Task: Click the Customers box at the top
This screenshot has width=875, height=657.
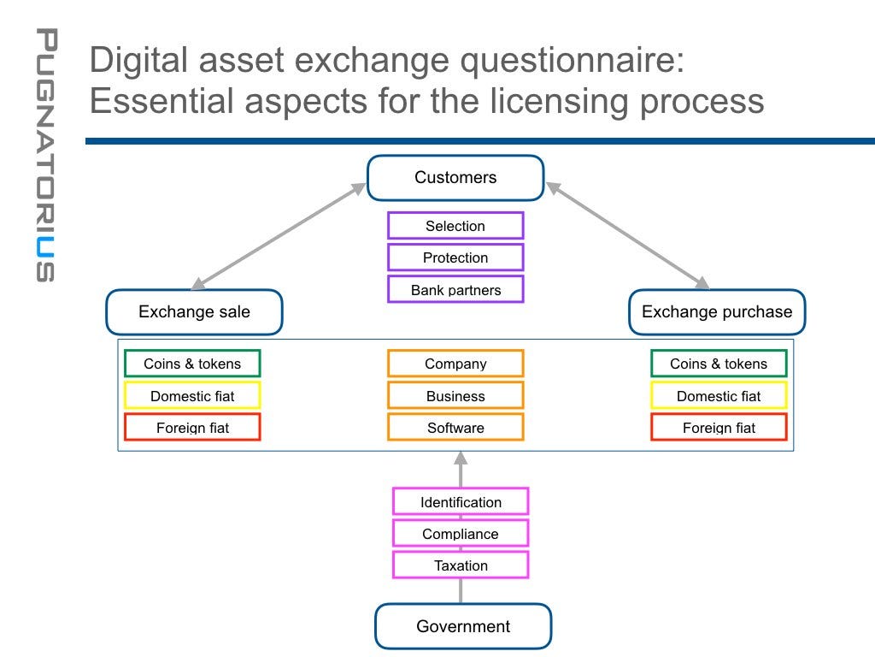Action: pyautogui.click(x=455, y=178)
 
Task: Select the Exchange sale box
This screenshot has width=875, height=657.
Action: pyautogui.click(x=194, y=312)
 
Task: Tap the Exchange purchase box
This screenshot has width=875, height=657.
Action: pyautogui.click(x=717, y=312)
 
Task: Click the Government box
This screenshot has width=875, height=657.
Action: pyautogui.click(x=463, y=627)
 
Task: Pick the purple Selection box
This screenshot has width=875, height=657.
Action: pyautogui.click(x=455, y=226)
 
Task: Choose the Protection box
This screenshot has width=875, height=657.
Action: pyautogui.click(x=455, y=257)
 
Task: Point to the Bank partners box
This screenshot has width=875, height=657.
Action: pyautogui.click(x=455, y=290)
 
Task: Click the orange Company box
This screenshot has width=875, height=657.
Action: pyautogui.click(x=455, y=364)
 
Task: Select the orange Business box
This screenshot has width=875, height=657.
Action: pyautogui.click(x=455, y=396)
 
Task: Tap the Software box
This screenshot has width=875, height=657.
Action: pyautogui.click(x=455, y=428)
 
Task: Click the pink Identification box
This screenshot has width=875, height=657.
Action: pyautogui.click(x=461, y=502)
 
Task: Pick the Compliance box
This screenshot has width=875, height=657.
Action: pyautogui.click(x=461, y=534)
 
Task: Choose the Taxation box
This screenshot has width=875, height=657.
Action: pyautogui.click(x=461, y=565)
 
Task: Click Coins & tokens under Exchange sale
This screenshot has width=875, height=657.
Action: pyautogui.click(x=192, y=364)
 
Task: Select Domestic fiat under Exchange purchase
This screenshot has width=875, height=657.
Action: pyautogui.click(x=719, y=396)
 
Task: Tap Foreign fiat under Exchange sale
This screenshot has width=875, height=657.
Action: pyautogui.click(x=192, y=428)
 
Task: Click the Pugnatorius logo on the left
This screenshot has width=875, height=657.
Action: pyautogui.click(x=45, y=155)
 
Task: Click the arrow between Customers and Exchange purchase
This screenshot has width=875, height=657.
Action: pyautogui.click(x=628, y=235)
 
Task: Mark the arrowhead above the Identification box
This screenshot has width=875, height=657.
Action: pyautogui.click(x=461, y=459)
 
